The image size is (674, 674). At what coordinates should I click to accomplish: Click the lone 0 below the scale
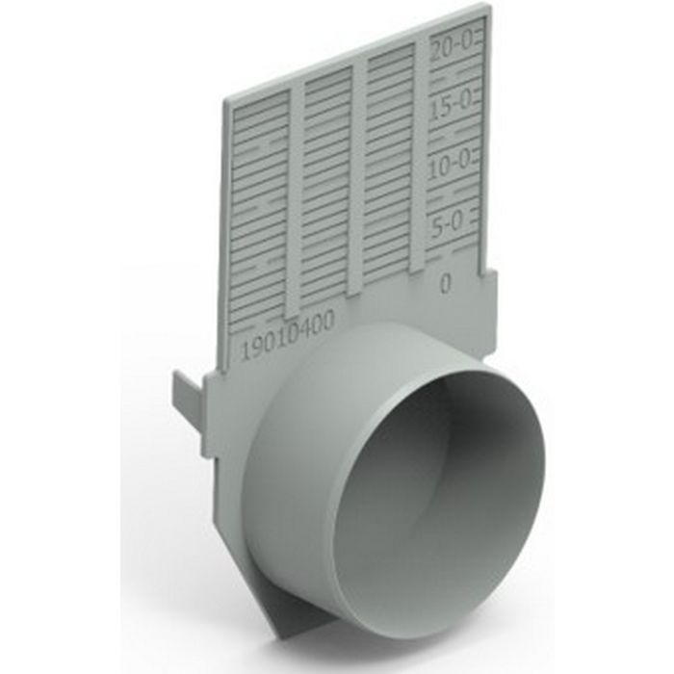446,283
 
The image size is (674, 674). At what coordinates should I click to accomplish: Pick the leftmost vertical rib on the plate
295,193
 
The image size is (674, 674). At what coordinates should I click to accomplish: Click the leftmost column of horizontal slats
259,212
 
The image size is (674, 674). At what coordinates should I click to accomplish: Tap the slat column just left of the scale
389,164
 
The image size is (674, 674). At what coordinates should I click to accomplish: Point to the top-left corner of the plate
226,99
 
